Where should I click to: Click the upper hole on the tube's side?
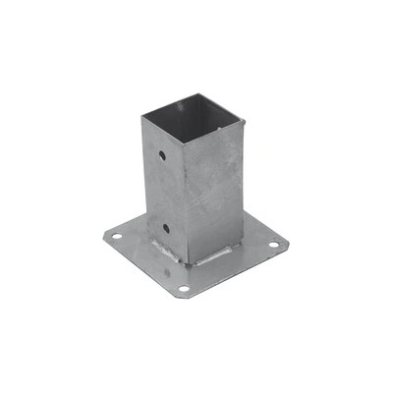161,155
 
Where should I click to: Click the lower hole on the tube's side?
166,228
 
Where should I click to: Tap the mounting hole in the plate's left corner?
115,237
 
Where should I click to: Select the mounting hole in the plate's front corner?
183,289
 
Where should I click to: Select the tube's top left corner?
141,117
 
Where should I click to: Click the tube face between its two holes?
164,192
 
